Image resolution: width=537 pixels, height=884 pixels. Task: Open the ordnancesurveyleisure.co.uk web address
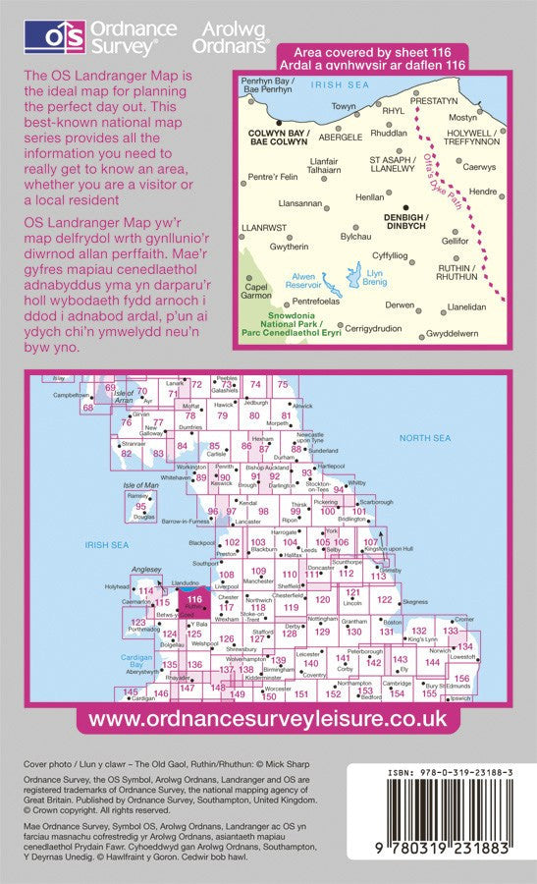(x=268, y=719)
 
